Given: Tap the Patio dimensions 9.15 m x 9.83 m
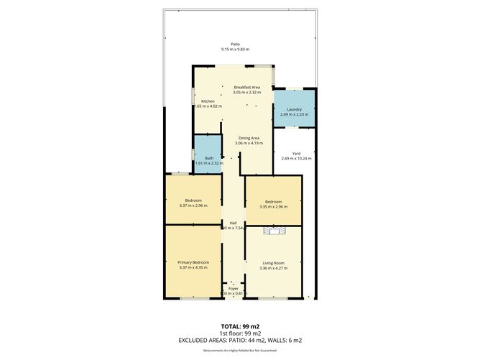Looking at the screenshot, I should [235, 50].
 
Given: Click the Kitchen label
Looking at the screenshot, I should [208, 101].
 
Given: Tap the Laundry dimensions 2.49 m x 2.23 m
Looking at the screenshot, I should [294, 114].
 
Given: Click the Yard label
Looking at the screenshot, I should [295, 153].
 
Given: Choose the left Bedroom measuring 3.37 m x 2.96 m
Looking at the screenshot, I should [193, 203].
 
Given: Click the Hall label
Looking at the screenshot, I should [234, 223].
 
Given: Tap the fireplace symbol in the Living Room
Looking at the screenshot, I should [274, 231].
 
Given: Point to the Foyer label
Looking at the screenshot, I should [234, 288].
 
